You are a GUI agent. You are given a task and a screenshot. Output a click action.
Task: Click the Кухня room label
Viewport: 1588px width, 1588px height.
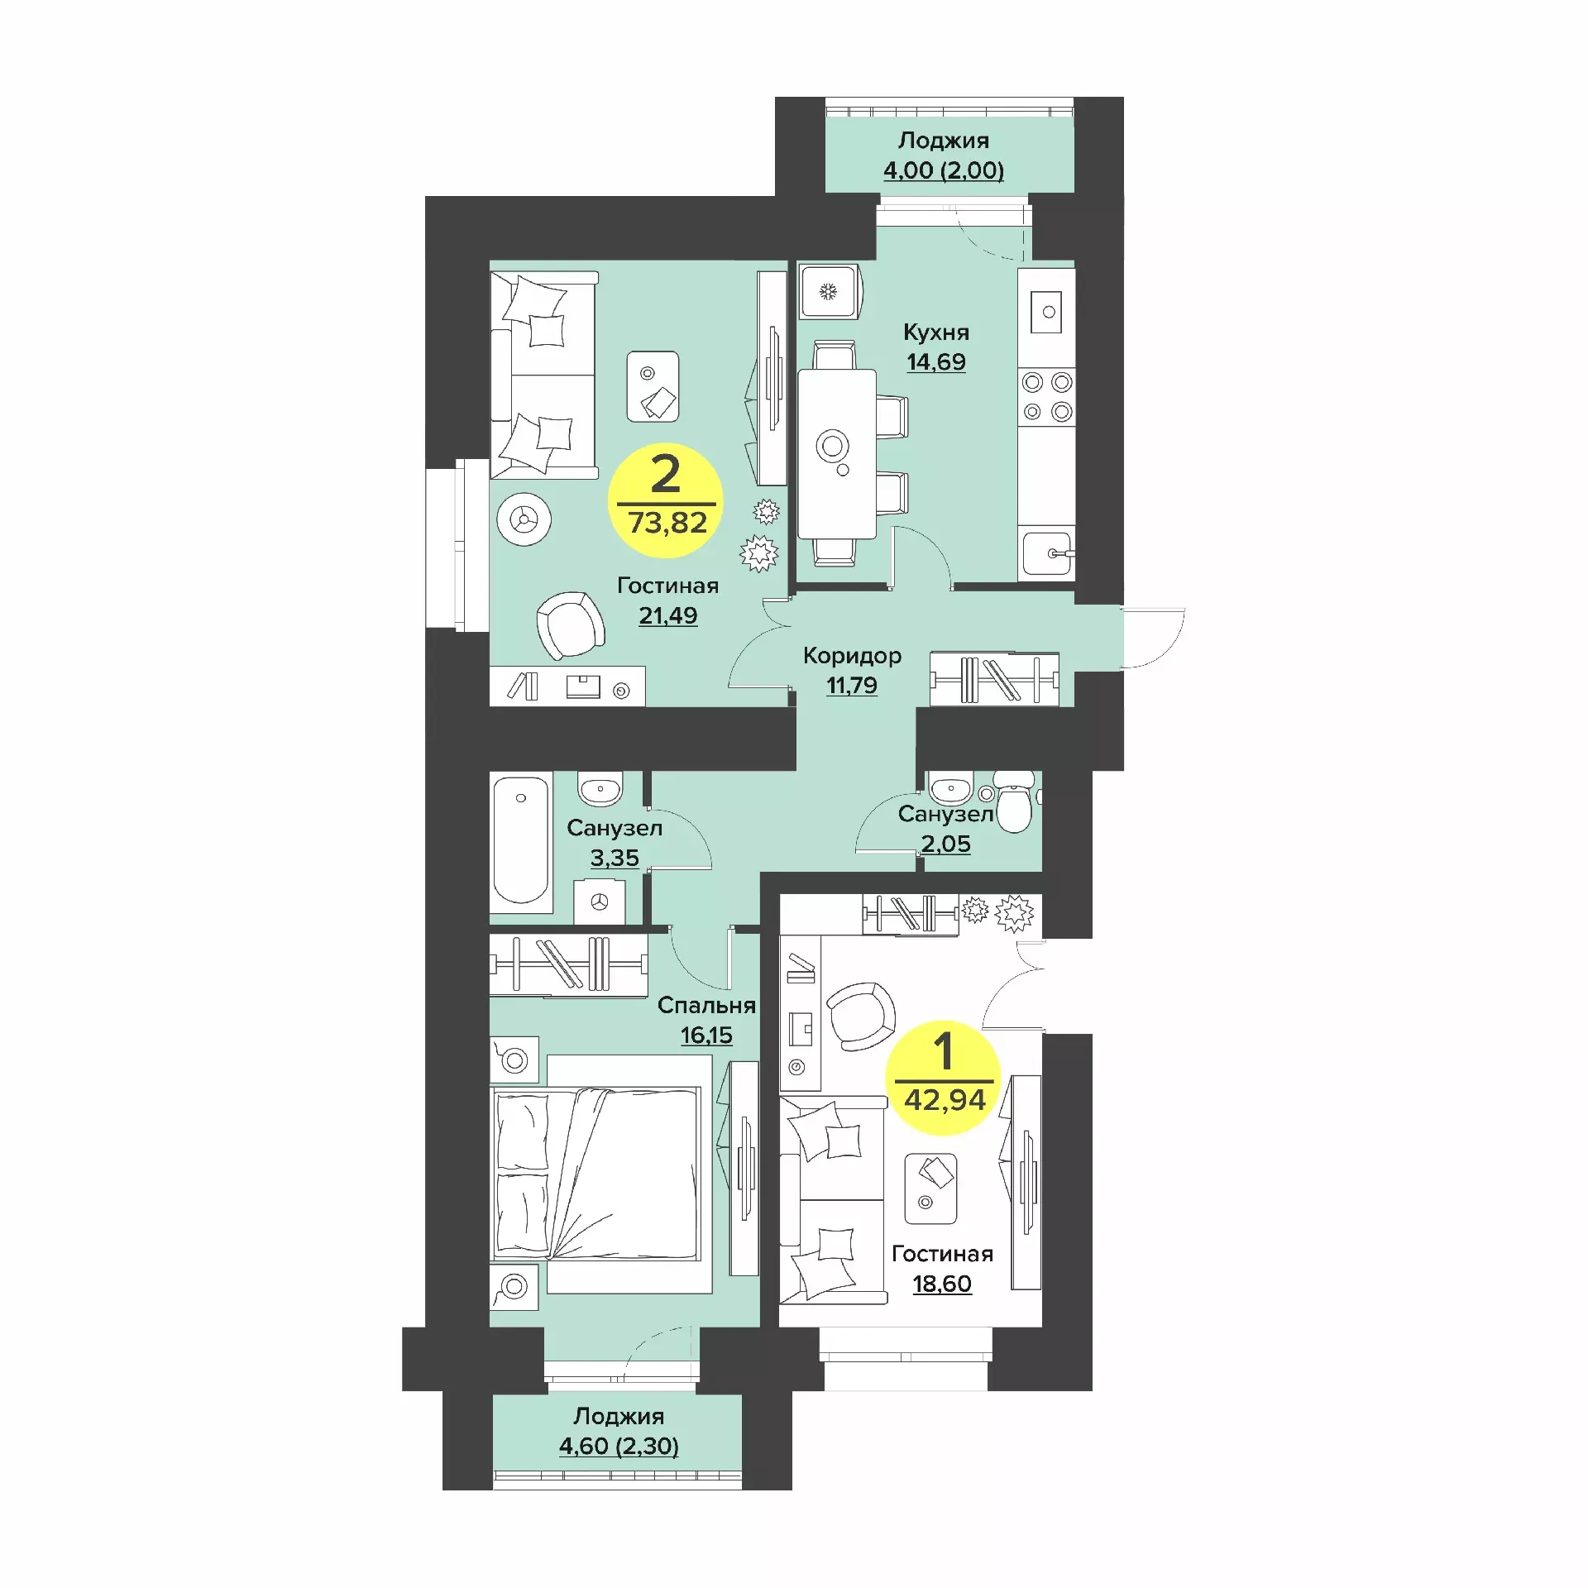(x=935, y=332)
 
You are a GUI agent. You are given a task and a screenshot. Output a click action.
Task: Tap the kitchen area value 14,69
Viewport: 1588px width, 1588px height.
(x=935, y=362)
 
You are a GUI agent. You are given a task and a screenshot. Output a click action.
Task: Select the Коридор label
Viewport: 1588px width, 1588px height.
(x=852, y=656)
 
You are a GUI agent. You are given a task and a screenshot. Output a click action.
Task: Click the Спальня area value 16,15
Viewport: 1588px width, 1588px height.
(x=706, y=1036)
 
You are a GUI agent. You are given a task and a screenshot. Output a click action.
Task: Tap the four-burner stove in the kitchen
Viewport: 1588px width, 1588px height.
(x=1046, y=397)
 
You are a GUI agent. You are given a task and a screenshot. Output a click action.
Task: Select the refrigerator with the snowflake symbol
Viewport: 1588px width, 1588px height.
(x=830, y=291)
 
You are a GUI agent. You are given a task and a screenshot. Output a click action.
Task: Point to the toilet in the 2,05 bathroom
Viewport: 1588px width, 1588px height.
(x=1015, y=801)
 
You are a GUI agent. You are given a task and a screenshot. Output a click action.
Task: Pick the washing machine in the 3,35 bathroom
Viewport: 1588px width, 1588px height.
(x=600, y=901)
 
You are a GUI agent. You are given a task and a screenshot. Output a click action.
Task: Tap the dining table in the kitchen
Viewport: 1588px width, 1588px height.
(x=836, y=453)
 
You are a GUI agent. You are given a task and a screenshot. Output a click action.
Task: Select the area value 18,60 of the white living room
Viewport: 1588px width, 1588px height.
(x=942, y=1284)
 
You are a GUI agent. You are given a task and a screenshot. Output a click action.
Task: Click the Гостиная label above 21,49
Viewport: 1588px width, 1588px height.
(x=667, y=586)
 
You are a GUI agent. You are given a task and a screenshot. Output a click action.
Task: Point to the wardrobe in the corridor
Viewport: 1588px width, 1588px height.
(x=994, y=679)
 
